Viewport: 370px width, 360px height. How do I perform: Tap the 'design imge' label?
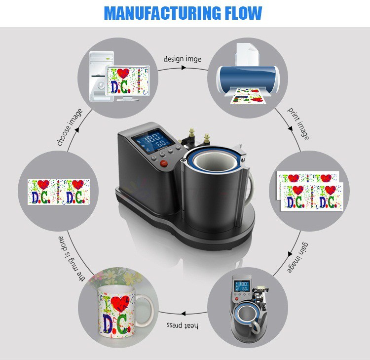tap(183, 59)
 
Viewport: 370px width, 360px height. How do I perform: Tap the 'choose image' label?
tap(70, 127)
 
